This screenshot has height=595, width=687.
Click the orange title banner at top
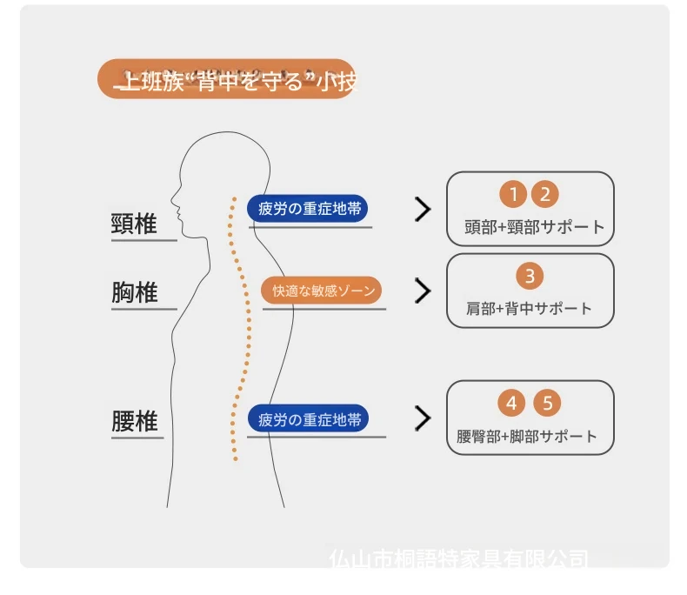tap(227, 80)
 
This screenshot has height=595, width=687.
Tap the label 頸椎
tap(135, 224)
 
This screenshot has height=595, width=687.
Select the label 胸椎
tap(135, 293)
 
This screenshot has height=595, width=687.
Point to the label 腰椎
tap(135, 422)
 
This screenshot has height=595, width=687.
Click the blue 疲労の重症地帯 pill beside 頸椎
tap(306, 209)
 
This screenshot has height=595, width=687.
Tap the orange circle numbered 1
tap(513, 194)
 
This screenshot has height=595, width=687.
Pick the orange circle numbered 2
tap(544, 194)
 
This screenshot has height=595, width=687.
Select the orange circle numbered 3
tap(530, 277)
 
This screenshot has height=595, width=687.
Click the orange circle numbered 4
tap(512, 403)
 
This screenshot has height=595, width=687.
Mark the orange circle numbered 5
tap(547, 403)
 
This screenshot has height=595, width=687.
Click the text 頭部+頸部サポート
tap(534, 227)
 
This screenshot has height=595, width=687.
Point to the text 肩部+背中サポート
tap(529, 309)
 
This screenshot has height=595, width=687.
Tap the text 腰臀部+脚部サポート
tap(527, 437)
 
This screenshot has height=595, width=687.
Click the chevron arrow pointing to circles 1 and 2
tap(423, 209)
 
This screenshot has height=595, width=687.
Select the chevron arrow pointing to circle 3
tap(423, 291)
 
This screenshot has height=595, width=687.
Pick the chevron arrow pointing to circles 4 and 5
tap(423, 418)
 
